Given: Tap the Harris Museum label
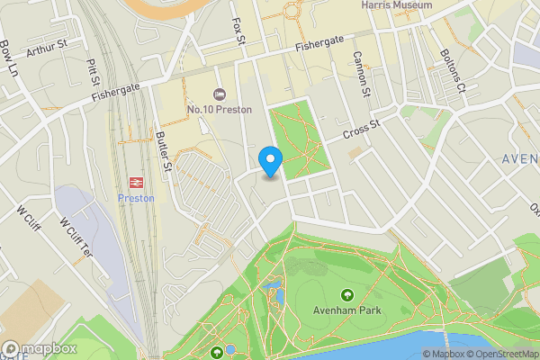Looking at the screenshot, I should (396, 5).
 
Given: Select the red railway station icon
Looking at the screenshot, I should (137, 181).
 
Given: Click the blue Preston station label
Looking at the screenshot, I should (137, 198).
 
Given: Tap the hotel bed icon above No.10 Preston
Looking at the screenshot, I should (218, 94).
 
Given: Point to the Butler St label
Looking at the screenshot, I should (163, 151).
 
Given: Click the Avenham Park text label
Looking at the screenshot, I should (347, 310).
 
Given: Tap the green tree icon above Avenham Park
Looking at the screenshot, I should (347, 294).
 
